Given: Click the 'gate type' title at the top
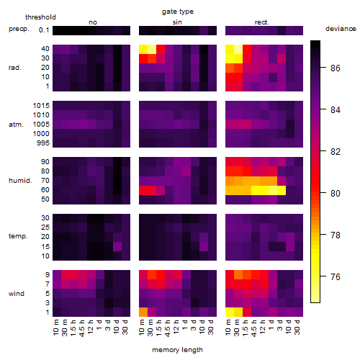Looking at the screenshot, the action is click(178, 12).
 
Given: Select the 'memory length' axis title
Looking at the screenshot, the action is click(177, 350).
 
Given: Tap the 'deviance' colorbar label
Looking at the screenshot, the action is click(341, 29).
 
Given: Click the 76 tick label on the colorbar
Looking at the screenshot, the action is click(336, 277).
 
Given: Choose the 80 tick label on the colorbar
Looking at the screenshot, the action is click(336, 194).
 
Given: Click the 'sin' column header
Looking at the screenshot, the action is click(177, 22).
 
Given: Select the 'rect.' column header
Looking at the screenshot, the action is click(262, 22).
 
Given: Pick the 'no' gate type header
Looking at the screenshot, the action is click(93, 22).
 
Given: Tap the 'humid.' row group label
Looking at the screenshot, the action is click(20, 181).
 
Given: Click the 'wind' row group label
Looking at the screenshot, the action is click(17, 294).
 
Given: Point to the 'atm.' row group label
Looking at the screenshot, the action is click(16, 125).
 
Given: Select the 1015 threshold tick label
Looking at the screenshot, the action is click(41, 106).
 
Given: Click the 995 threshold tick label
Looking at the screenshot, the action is click(43, 143).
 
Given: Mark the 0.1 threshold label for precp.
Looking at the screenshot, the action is click(44, 30).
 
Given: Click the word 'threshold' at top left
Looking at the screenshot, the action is click(40, 17).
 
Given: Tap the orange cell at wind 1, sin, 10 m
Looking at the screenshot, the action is click(143, 312).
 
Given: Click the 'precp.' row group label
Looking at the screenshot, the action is click(19, 29).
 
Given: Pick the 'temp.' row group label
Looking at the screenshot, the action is click(18, 236).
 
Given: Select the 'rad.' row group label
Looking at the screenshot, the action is click(15, 68).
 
